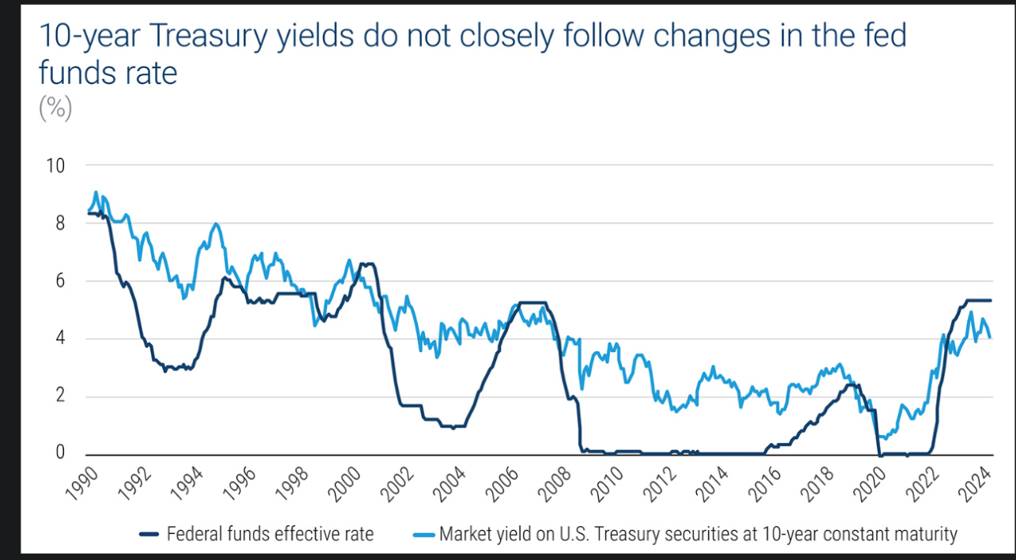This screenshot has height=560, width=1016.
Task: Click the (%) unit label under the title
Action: [55, 108]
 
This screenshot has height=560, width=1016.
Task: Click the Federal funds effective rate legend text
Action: [270, 534]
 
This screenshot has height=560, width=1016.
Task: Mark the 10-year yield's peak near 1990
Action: [96, 192]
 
